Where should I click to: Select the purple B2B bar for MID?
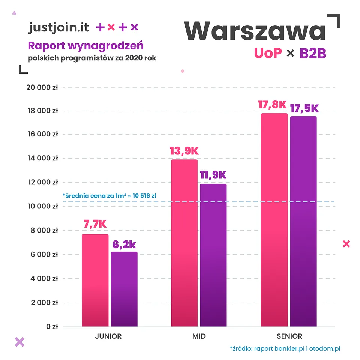click(213, 255)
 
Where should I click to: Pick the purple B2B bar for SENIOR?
click(303, 221)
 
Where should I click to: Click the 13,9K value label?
click(184, 151)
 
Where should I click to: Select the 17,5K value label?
click(303, 108)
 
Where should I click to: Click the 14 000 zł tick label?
click(42, 158)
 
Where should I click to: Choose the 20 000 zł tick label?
click(42, 87)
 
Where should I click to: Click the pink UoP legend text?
click(268, 53)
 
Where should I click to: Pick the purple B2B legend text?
click(312, 53)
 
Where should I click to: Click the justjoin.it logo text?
click(59, 27)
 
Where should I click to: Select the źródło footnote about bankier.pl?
click(285, 348)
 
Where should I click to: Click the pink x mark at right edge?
click(346, 244)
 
